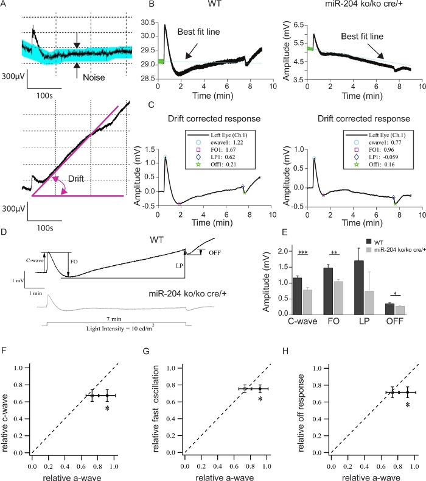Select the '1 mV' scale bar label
coord(18,280)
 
